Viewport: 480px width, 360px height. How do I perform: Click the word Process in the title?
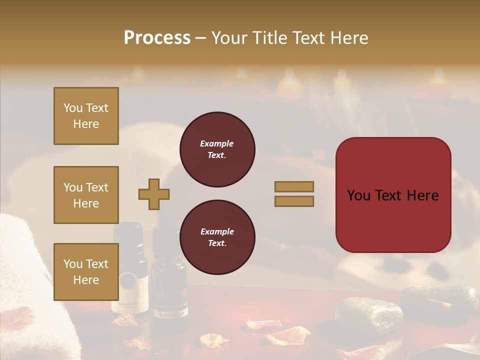coord(157,38)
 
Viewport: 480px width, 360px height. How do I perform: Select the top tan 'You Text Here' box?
coord(86,116)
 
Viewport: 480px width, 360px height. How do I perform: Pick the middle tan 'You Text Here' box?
coord(86,195)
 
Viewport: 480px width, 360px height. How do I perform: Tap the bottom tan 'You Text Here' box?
coord(86,271)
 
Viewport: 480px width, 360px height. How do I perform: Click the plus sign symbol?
coord(154,194)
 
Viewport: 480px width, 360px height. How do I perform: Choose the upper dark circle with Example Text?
coord(217,149)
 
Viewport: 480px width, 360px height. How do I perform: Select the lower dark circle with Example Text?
coord(217,237)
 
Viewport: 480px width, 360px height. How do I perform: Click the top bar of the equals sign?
coord(294,186)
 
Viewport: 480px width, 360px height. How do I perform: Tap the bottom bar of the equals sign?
coord(294,201)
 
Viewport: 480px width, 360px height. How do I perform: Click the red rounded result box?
coord(393,195)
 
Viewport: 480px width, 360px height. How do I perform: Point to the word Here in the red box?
coord(422,195)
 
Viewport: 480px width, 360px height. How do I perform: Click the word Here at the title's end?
coord(349,38)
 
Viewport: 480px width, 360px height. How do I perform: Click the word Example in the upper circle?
coord(217,143)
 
